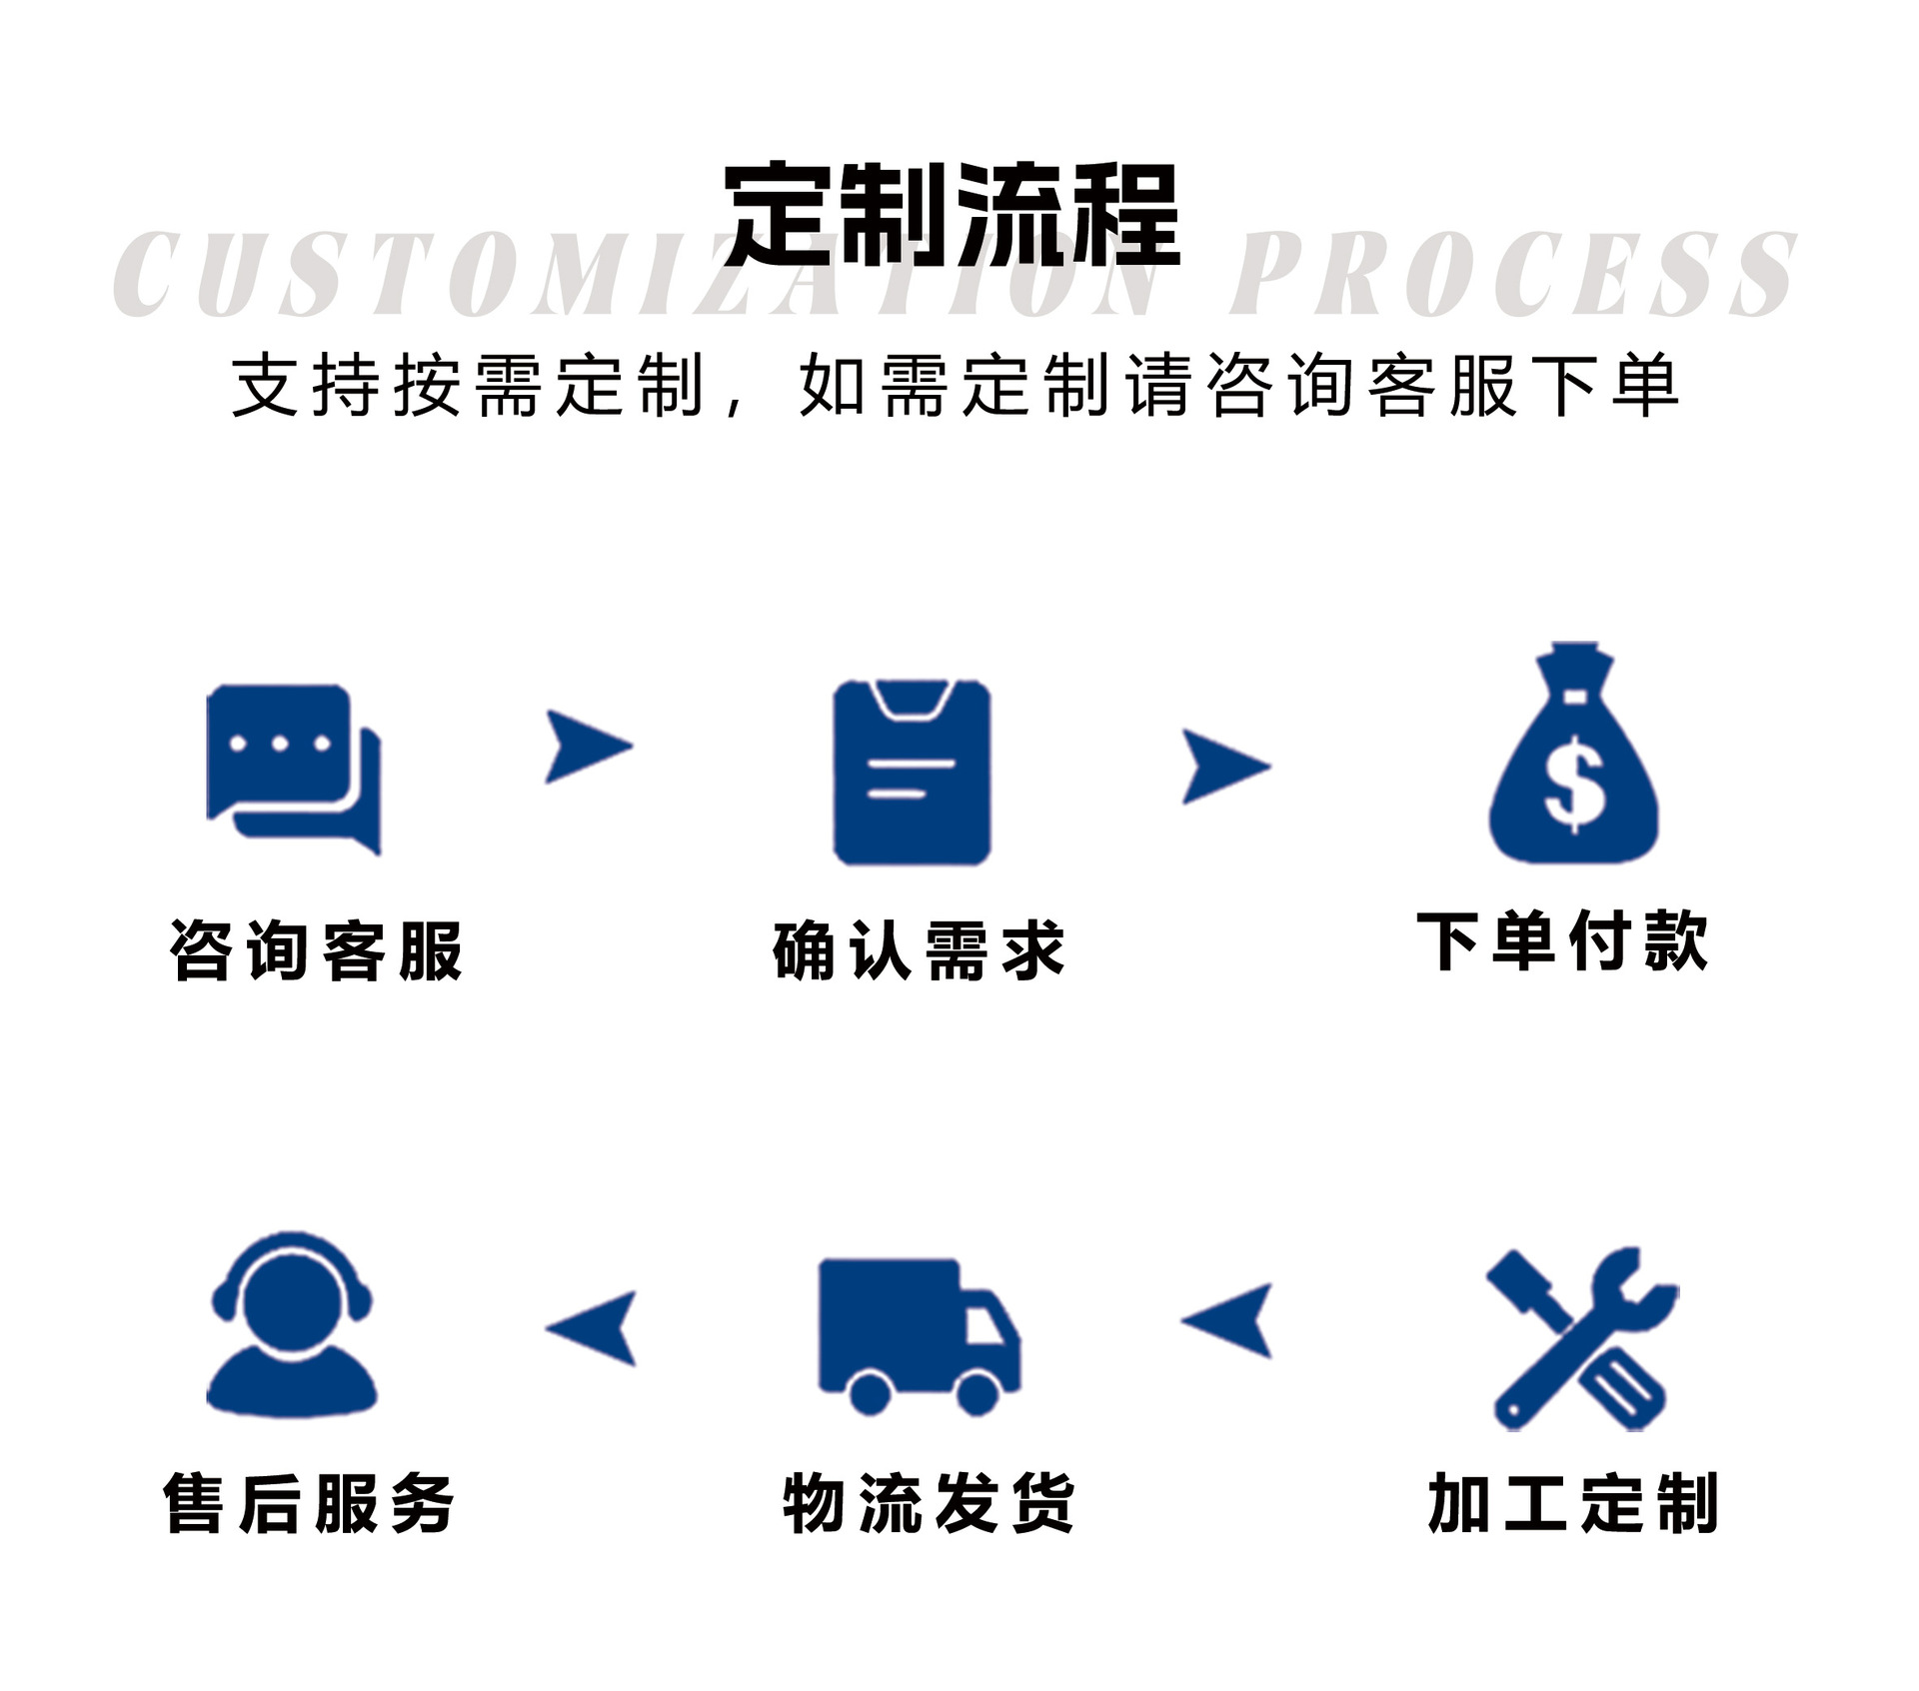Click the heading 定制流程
952,215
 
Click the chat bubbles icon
293,769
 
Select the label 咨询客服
316,950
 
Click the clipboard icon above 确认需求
913,772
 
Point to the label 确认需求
919,950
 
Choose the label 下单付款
1562,941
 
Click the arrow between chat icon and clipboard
587,746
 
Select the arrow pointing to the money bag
1223,767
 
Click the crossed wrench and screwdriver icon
1581,1338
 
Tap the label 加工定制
1573,1503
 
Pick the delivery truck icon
918,1335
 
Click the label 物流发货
929,1503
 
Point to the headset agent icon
292,1324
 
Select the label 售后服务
309,1503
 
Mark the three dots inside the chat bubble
280,744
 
